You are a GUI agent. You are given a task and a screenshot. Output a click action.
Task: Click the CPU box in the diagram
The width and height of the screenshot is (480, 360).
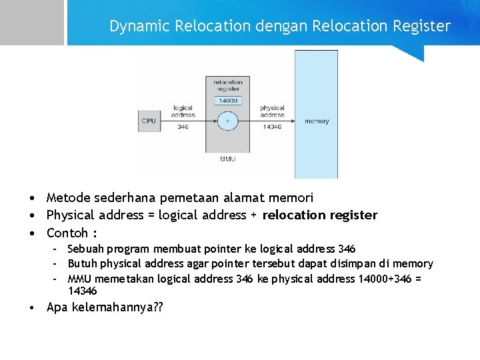pos(149,121)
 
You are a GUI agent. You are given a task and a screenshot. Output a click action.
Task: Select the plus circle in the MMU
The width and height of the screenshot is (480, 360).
pos(227,121)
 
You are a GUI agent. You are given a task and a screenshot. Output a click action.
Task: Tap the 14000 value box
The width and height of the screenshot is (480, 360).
pos(227,100)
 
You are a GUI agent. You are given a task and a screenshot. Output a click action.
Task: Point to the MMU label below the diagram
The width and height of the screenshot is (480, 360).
pos(227,159)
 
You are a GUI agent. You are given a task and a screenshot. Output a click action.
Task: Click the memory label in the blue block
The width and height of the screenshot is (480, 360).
pos(317,121)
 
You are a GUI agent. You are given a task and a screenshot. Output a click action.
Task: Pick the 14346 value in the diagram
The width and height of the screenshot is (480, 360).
pos(272,127)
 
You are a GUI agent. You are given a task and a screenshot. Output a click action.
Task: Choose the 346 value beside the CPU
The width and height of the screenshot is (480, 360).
pos(183,127)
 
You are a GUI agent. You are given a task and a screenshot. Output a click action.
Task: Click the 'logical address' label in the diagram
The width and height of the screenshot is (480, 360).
pos(183,111)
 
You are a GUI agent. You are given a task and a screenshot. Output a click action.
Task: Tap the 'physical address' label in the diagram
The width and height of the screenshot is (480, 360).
pos(272,111)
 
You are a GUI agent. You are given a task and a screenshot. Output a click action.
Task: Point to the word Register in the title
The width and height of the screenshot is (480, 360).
pos(422,26)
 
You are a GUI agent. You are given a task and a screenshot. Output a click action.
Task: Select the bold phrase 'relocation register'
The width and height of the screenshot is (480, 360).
pos(320,215)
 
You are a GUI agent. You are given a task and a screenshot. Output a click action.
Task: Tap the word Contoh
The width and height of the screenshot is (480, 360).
pos(67,233)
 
